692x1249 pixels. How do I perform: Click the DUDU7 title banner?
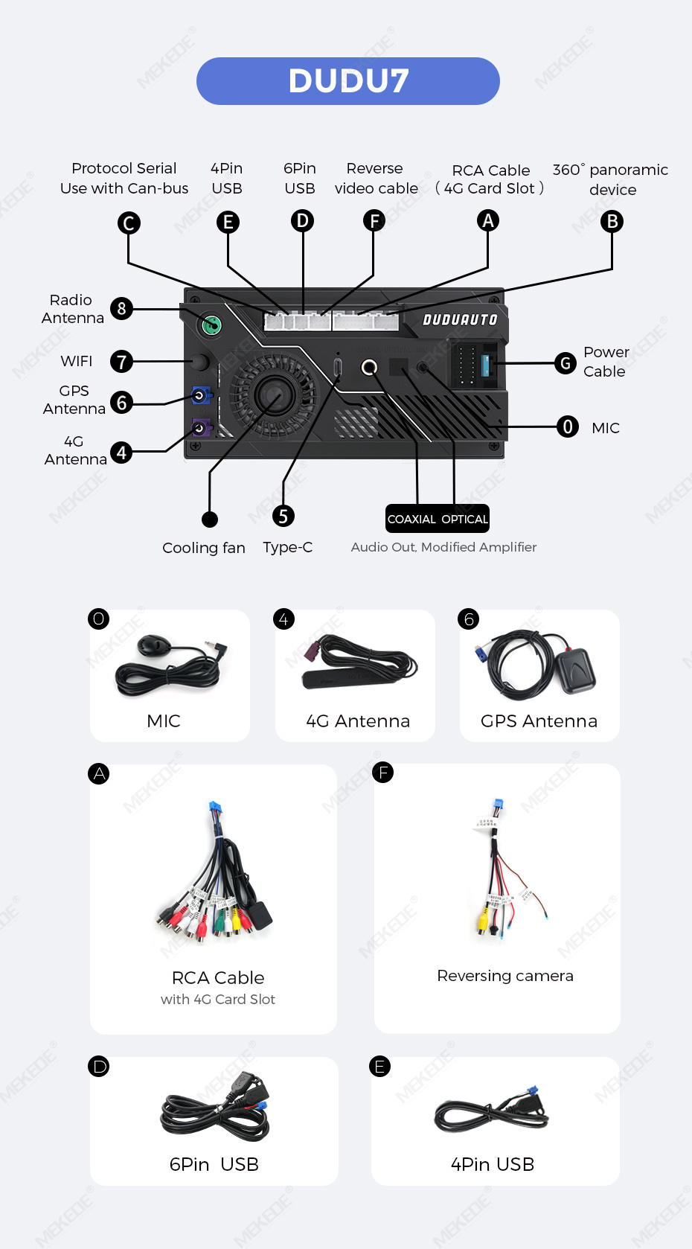coord(348,81)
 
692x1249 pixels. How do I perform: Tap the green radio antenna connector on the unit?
coord(211,325)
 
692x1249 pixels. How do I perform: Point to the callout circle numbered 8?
coord(121,308)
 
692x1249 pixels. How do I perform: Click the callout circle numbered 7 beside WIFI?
coord(121,361)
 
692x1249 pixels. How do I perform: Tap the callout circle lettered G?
coord(566,363)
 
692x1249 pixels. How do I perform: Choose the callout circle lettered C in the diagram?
coord(129,223)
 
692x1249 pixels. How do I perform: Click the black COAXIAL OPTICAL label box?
coord(438,519)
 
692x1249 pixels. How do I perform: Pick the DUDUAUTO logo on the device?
coord(460,319)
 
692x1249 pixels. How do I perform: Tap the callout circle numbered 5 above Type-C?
coord(283,516)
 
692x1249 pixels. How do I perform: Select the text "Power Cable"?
coord(606,362)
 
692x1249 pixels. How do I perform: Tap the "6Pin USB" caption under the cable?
coord(214,1164)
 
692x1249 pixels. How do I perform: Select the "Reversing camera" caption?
coord(505,976)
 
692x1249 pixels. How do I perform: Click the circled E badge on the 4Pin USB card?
coord(379,1067)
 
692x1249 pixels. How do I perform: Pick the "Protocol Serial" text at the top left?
coord(124,167)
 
